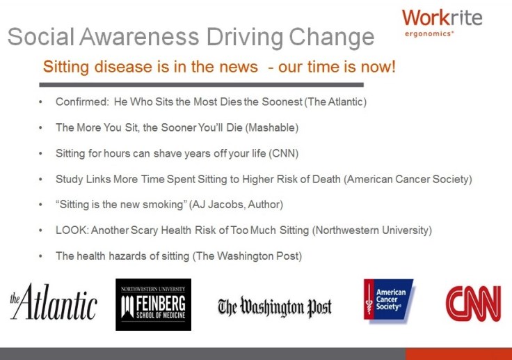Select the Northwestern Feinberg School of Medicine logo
(x=153, y=305)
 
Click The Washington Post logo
(x=275, y=306)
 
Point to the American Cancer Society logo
(x=389, y=300)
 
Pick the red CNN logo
(x=473, y=304)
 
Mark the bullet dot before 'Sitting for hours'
(x=40, y=153)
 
